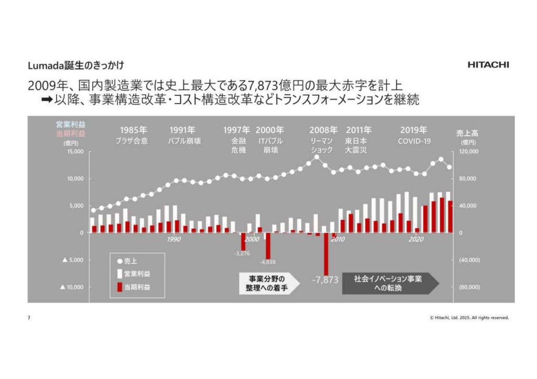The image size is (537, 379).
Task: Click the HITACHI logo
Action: tap(487, 65)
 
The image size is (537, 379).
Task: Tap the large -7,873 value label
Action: tap(325, 280)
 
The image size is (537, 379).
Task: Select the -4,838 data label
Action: tap(268, 262)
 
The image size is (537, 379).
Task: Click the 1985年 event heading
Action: tap(133, 130)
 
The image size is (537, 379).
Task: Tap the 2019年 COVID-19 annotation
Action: tap(414, 135)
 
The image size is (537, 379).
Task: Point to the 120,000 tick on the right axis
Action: tap(468, 152)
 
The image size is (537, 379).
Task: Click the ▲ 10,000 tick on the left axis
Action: tap(72, 287)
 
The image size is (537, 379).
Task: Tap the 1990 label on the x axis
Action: tap(174, 239)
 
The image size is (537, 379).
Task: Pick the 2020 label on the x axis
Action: tap(416, 239)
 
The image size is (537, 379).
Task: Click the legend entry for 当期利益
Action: tap(136, 287)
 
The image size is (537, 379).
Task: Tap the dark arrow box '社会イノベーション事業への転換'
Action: tap(387, 283)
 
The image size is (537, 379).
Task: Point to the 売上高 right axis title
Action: tap(468, 133)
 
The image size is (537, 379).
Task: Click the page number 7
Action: tap(29, 318)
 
